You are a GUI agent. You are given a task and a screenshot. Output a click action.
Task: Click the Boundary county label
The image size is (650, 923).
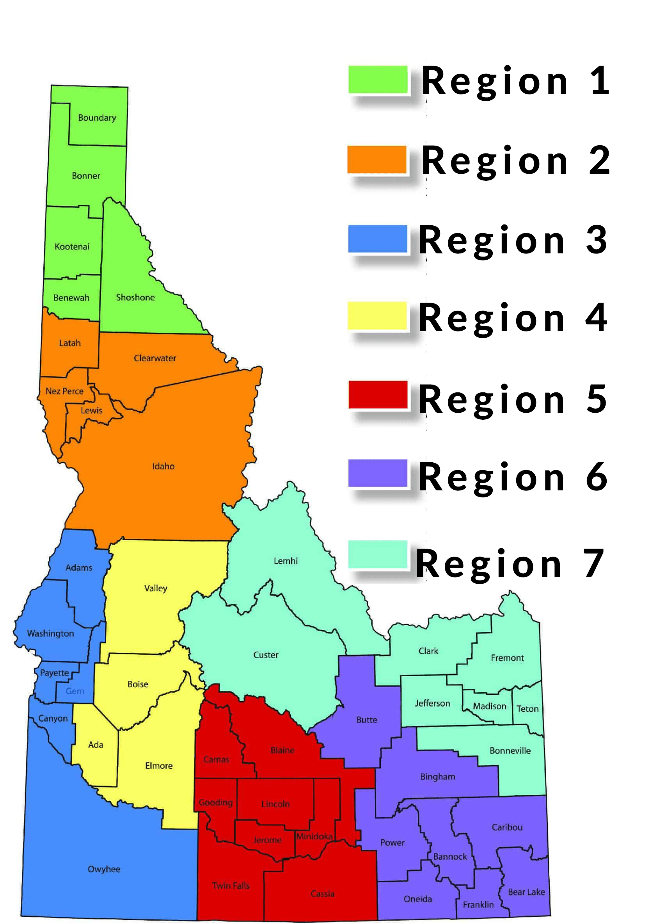(x=97, y=118)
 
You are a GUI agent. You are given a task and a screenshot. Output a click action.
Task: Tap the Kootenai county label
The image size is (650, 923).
(x=72, y=246)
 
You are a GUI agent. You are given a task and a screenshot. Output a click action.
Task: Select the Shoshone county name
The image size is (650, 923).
(x=135, y=298)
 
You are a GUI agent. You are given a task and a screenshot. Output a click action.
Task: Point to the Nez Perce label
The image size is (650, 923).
(x=64, y=391)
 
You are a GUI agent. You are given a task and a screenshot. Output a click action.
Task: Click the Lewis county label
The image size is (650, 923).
(x=92, y=410)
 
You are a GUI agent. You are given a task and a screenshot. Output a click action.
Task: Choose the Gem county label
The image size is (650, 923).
(x=75, y=691)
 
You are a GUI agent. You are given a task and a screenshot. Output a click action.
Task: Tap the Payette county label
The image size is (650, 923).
(x=54, y=673)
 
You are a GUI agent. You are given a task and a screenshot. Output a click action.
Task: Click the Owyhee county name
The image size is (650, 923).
(x=104, y=869)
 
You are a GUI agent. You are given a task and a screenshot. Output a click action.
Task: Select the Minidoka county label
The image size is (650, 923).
(x=314, y=836)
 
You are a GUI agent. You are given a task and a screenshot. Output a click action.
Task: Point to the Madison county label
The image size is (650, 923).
(x=489, y=706)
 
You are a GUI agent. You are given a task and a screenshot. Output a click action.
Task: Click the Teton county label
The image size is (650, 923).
(x=527, y=709)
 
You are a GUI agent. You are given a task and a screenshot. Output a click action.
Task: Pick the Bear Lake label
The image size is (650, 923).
(x=526, y=892)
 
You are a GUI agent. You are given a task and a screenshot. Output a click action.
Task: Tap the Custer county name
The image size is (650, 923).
(x=266, y=655)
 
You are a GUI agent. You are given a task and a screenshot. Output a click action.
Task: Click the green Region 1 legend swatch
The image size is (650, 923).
(x=378, y=79)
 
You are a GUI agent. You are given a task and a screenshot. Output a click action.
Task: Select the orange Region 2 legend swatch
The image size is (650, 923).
(x=377, y=159)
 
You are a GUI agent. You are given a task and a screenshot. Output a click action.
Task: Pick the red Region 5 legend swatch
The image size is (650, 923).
(x=378, y=394)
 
